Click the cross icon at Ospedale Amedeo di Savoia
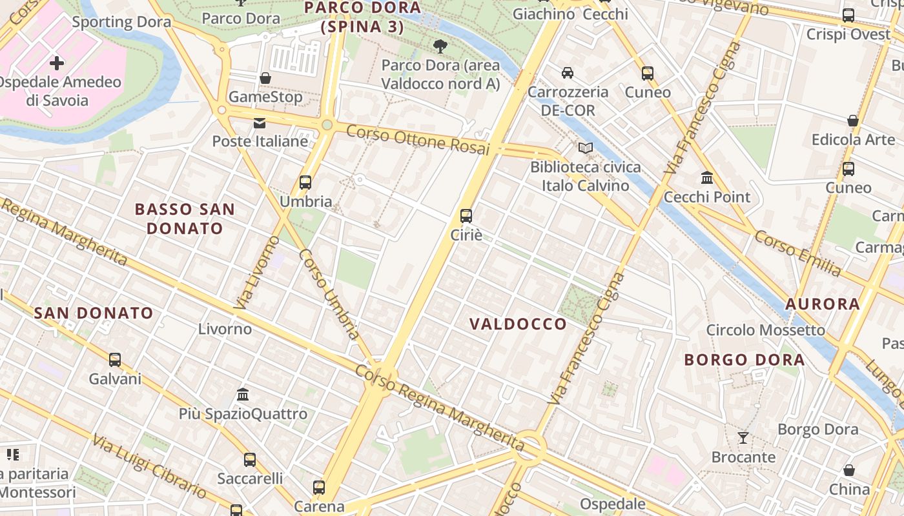coord(57,63)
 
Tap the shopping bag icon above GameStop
coord(265,78)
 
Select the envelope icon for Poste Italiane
coord(260,123)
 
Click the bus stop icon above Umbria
coord(305,183)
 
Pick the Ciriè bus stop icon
coord(466,216)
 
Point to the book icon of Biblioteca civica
coord(585,148)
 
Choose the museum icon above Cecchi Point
coord(707,177)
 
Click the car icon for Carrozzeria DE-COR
coord(568,72)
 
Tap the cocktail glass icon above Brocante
coord(743,438)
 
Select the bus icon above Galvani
coord(115,359)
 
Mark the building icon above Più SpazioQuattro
coord(243,394)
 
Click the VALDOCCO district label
coord(518,324)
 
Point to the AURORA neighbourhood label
coord(823,304)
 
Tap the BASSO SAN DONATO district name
coord(185,219)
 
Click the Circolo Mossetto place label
coord(765,330)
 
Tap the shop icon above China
coord(849,470)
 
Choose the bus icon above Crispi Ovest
coord(848,15)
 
